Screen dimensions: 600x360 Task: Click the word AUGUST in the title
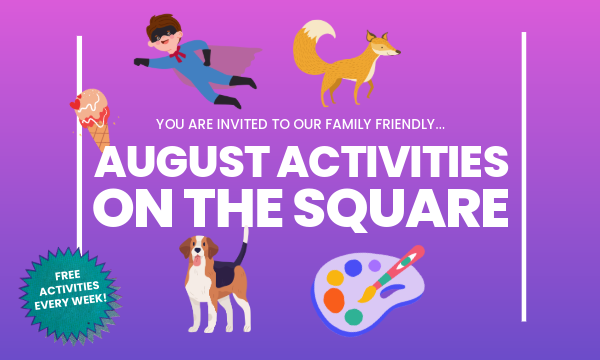tap(182, 161)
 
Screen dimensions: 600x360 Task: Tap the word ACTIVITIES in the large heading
tap(393, 161)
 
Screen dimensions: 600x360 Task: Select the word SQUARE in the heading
tap(401, 210)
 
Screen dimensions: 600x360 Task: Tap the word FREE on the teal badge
tap(68, 275)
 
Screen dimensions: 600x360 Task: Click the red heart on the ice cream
tap(75, 104)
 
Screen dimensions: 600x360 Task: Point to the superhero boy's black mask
tap(163, 34)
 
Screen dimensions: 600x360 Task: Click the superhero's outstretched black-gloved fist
tap(141, 62)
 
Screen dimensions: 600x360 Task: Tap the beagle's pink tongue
tap(196, 261)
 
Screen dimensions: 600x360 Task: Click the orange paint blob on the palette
tap(334, 300)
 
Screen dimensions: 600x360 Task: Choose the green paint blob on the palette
tap(354, 317)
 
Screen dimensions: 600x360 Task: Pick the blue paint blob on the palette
tap(353, 268)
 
